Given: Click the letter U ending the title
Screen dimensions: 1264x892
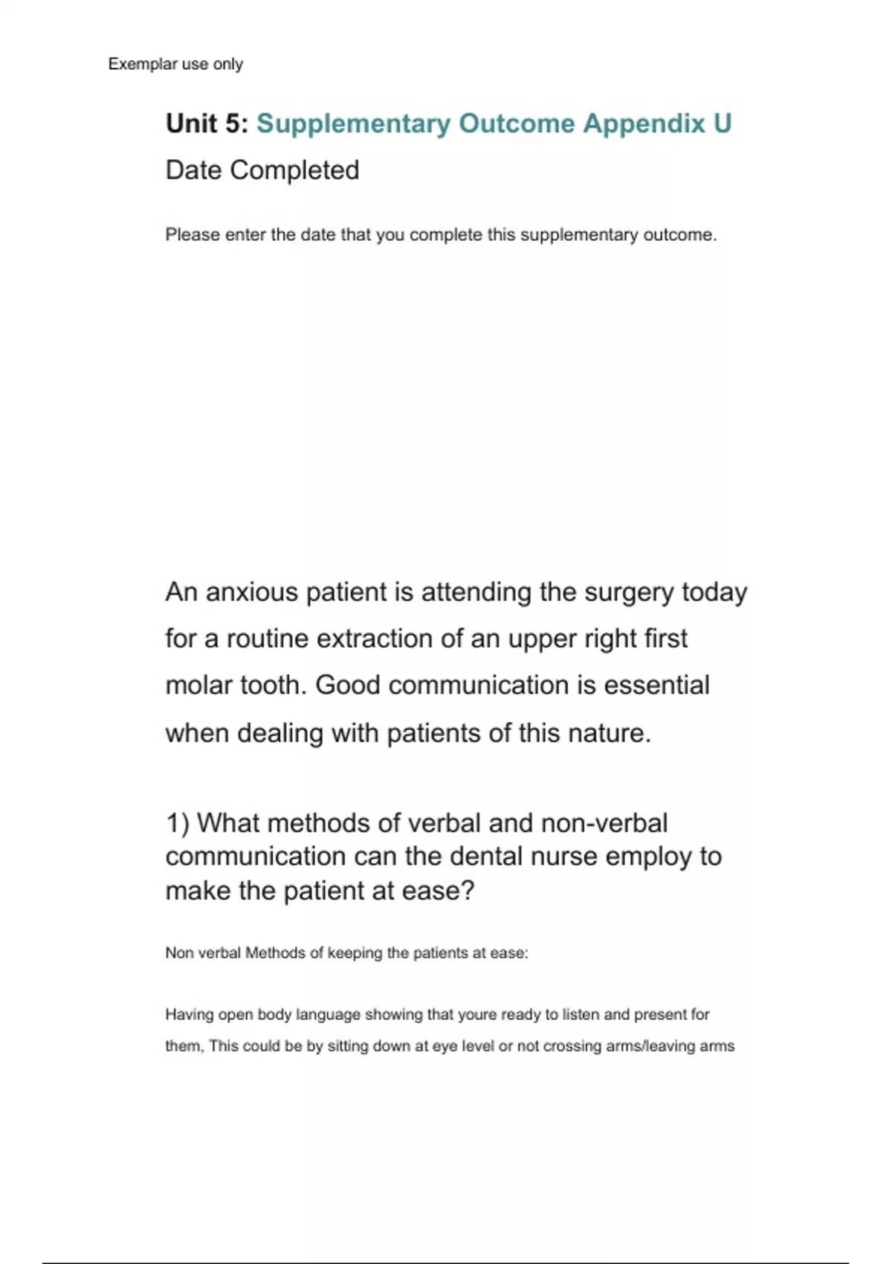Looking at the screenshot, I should (722, 123).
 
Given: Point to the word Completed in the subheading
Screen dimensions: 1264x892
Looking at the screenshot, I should (294, 170).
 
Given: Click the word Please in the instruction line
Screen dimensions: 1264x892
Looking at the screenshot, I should (193, 235).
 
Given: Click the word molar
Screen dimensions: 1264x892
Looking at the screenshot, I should (196, 685).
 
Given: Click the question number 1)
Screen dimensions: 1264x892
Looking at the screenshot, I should (178, 823).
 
